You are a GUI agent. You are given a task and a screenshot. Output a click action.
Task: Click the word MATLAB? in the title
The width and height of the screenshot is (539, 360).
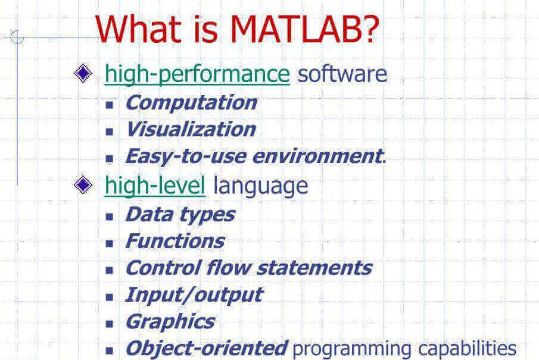(304, 29)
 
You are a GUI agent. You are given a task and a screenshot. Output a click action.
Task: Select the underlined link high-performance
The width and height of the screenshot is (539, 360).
(197, 74)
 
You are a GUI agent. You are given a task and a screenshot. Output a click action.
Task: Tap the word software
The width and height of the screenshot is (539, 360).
(342, 74)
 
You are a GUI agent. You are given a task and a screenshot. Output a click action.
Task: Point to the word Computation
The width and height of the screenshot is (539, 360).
(191, 103)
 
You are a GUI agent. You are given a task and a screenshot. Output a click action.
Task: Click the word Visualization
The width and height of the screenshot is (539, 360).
(191, 129)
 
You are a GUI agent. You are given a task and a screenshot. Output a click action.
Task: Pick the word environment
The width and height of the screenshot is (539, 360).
(318, 156)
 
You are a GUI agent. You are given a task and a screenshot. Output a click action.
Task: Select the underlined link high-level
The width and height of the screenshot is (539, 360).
(155, 186)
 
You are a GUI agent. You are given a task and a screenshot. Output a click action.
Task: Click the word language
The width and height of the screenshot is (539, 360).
(260, 186)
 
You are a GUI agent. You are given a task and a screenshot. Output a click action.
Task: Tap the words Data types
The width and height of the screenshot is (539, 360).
(180, 215)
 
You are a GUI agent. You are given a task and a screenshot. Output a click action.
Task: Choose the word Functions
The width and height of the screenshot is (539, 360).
(175, 241)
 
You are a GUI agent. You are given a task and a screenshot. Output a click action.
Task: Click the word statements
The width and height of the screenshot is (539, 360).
(314, 268)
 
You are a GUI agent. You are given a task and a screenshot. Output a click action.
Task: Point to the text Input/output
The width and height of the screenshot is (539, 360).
(194, 295)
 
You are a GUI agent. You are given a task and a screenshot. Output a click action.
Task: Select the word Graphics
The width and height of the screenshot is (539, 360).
(170, 322)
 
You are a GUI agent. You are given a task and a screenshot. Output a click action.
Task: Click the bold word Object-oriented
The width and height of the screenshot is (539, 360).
(207, 348)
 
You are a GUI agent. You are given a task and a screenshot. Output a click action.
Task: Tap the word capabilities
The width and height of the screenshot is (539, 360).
(467, 349)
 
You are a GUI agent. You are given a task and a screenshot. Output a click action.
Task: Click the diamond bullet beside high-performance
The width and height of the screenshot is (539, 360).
(83, 73)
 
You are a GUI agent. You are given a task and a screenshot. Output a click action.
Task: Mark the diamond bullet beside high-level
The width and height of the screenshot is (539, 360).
(83, 185)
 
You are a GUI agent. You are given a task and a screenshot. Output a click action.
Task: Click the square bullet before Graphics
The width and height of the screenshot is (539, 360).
(110, 324)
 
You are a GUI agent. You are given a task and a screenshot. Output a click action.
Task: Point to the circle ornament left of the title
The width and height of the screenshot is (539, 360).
(17, 37)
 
